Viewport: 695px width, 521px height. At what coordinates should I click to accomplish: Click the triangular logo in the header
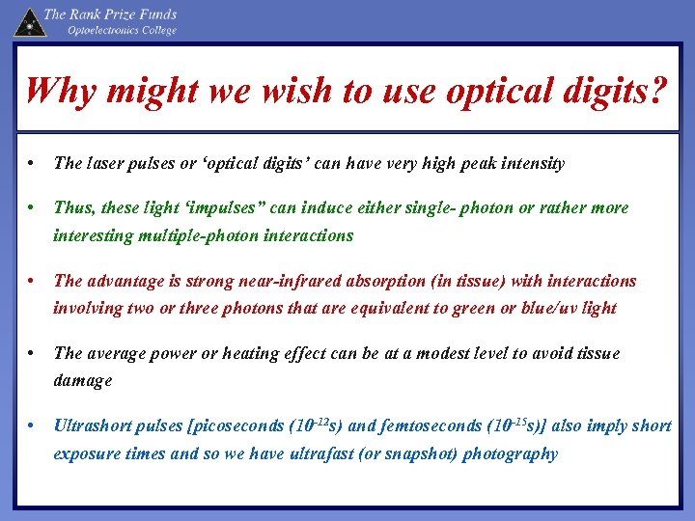[29, 21]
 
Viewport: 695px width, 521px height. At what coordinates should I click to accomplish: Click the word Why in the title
[59, 92]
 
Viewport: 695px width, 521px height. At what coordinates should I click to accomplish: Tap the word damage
[83, 380]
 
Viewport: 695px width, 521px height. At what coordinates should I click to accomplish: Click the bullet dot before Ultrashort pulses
[33, 425]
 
